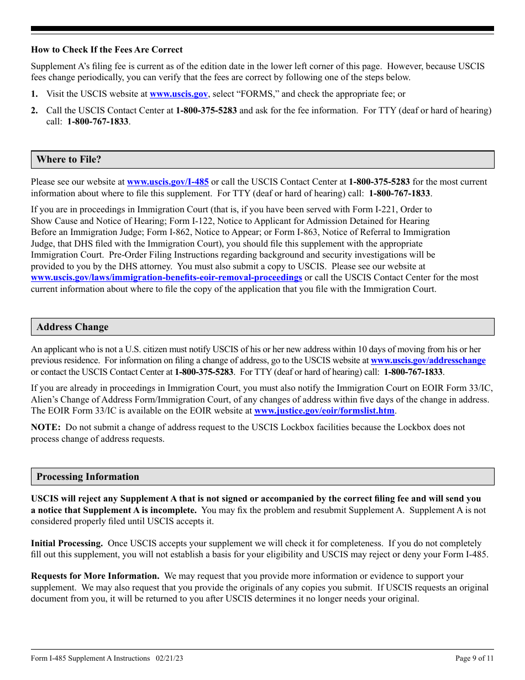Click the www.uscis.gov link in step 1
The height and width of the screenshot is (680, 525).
[179, 95]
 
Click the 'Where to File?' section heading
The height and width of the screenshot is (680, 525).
[69, 160]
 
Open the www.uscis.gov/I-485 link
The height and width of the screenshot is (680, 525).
[168, 182]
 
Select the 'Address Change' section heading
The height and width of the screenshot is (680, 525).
[72, 327]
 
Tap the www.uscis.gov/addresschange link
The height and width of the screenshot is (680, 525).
[428, 360]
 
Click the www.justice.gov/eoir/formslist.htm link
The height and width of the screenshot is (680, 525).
[324, 411]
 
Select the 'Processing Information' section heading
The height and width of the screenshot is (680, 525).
[88, 477]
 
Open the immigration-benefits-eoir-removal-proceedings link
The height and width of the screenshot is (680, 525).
[166, 278]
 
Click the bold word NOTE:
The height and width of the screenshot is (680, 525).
[45, 427]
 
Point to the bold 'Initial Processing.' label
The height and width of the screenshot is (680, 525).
[67, 543]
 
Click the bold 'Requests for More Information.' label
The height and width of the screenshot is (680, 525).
[95, 576]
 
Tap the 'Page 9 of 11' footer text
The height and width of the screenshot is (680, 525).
[474, 658]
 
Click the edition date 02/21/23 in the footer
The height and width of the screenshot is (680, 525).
[170, 658]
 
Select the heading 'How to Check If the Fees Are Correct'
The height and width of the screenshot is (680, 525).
[107, 50]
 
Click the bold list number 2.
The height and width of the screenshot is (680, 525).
[34, 111]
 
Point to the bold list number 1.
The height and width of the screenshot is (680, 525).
[34, 95]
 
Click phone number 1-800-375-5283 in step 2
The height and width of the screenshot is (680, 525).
[206, 111]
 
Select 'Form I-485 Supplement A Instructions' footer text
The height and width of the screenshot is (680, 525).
[91, 658]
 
